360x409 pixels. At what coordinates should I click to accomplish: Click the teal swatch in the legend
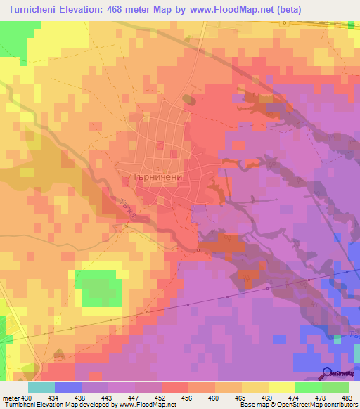(x=41, y=387)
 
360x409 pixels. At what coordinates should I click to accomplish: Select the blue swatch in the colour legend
(x=67, y=387)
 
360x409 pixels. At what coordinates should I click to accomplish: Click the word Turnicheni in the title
(x=37, y=10)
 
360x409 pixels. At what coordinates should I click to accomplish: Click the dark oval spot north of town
(x=188, y=100)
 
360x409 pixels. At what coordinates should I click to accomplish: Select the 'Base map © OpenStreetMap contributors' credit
(x=298, y=405)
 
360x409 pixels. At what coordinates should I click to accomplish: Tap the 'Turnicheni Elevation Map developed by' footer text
(x=62, y=405)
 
